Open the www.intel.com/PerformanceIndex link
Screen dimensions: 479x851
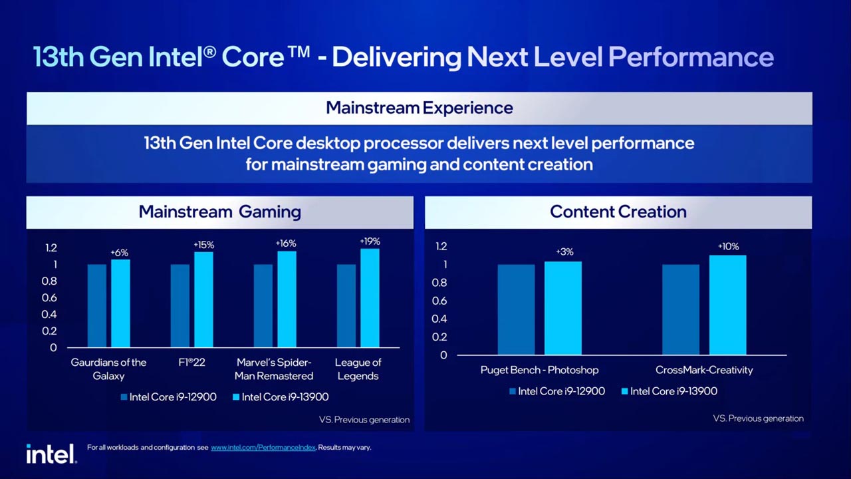point(263,448)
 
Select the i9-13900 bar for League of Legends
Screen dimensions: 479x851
point(370,298)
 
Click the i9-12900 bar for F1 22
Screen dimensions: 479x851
point(180,306)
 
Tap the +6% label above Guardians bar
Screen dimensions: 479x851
point(120,253)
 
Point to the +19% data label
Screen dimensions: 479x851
point(370,241)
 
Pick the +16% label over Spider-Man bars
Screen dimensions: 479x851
point(286,243)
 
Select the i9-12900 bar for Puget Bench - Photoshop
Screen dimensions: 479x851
point(516,309)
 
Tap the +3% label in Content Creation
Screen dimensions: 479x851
point(564,251)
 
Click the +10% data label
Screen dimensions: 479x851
point(728,246)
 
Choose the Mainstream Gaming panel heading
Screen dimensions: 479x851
point(219,212)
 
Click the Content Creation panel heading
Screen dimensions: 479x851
point(618,212)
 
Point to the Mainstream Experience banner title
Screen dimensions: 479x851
point(419,108)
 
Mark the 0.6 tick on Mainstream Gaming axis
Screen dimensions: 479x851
point(49,297)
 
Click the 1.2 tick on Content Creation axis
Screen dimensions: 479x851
point(441,246)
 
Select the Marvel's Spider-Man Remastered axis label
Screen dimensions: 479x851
point(274,369)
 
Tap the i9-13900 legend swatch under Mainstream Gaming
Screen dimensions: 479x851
point(236,397)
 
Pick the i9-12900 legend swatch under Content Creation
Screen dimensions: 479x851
point(513,392)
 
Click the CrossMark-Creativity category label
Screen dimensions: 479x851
point(704,370)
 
